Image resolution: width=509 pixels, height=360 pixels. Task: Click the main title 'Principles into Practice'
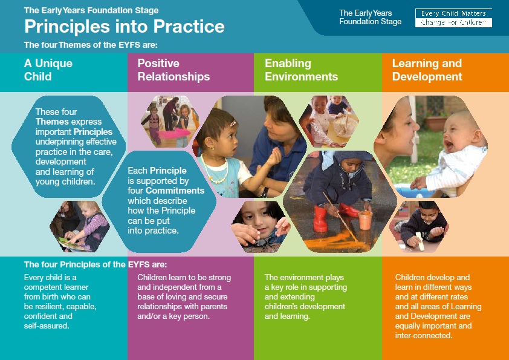pos(125,26)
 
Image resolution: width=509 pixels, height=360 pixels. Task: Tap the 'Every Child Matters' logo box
pos(453,18)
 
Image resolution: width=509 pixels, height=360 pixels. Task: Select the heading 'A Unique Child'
pos(48,70)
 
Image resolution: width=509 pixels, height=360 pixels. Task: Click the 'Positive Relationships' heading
pos(173,70)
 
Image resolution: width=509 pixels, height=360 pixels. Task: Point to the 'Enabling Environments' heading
pos(301,70)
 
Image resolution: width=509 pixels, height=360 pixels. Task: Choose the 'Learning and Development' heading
pos(427,70)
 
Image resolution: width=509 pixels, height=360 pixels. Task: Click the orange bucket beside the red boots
pos(365,220)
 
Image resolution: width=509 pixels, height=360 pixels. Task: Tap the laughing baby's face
pos(457,133)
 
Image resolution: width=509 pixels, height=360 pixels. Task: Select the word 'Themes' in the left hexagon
pos(52,122)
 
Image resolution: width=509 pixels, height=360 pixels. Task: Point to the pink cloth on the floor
pos(174,133)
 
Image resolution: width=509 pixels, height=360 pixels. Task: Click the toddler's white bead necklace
pos(215,171)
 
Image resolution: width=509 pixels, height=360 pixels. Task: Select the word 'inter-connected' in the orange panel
pos(424,335)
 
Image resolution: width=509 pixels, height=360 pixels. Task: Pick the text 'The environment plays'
pos(304,278)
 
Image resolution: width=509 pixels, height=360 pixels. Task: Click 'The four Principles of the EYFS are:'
pos(96,264)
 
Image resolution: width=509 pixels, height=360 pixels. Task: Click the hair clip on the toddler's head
pos(233,123)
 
